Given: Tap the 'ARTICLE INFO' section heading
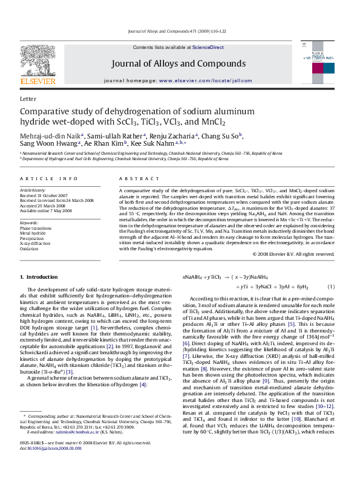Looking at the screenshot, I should point(49,179).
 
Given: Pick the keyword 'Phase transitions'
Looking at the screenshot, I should point(36,227).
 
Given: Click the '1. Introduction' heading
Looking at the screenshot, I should point(39,277).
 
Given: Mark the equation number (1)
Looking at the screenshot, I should point(331,286).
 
